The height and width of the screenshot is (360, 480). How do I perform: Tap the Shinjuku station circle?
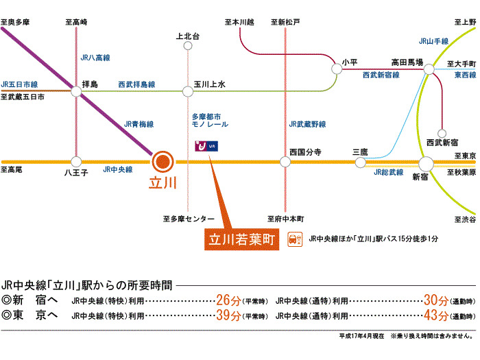tap(426, 163)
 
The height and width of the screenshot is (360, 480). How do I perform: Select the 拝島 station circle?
tap(76, 89)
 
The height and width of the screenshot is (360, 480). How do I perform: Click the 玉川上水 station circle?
tap(188, 90)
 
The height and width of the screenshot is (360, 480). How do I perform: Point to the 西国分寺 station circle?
tap(285, 162)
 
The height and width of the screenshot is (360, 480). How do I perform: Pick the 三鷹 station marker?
tap(361, 162)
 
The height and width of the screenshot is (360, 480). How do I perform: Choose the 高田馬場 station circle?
tap(429, 70)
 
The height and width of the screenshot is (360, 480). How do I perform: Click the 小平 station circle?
tap(337, 69)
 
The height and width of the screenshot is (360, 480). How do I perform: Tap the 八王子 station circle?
tap(76, 162)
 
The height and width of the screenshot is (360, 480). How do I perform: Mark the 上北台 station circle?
tap(188, 46)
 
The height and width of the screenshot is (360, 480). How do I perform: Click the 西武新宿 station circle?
tap(440, 131)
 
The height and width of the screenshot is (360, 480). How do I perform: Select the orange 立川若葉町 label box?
tap(243, 239)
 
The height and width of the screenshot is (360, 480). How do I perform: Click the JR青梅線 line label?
tap(136, 125)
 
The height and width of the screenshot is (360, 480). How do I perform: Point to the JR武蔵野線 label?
tap(308, 124)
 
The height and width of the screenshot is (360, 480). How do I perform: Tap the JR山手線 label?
tap(433, 41)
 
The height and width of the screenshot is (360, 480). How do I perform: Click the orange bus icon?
tap(296, 239)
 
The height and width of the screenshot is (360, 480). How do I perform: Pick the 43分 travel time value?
tap(436, 315)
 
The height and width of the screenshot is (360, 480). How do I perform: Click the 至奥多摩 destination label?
tap(15, 23)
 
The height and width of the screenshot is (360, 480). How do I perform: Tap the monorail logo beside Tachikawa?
tap(206, 145)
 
